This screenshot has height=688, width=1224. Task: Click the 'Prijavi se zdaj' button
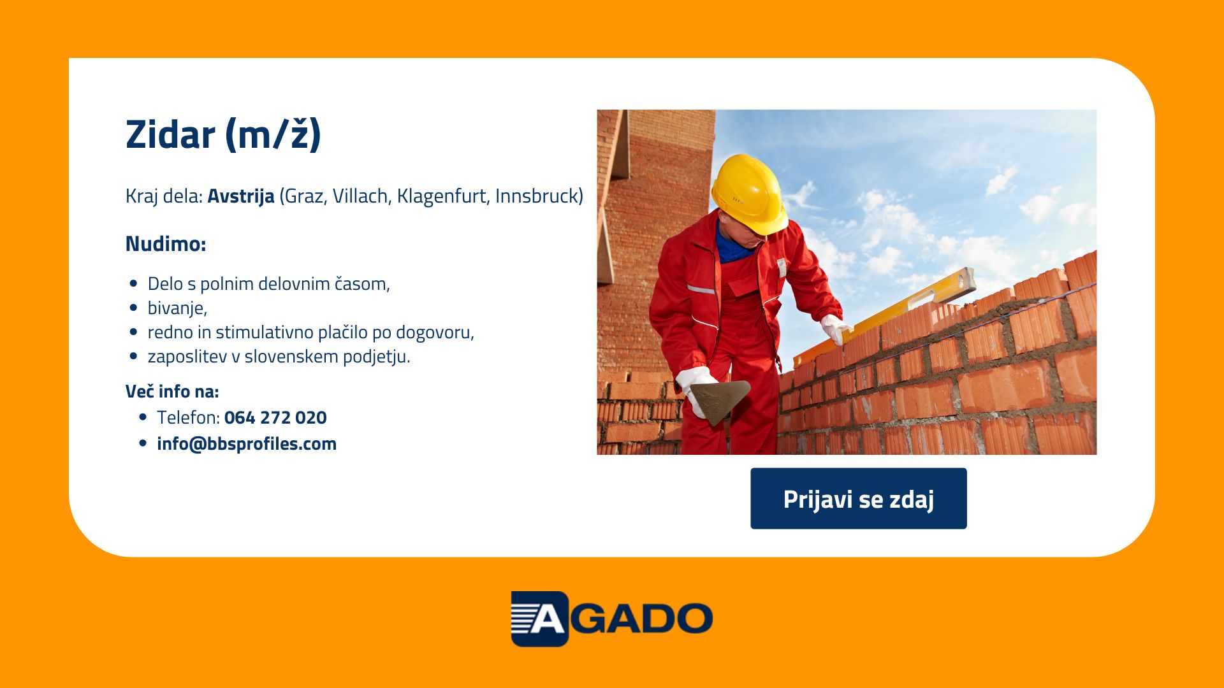pyautogui.click(x=858, y=498)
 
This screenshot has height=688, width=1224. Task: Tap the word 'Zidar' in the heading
pyautogui.click(x=170, y=134)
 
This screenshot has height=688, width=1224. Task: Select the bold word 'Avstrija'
pyautogui.click(x=241, y=196)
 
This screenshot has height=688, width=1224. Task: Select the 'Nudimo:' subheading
pyautogui.click(x=166, y=243)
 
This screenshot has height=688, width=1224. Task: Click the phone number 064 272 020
pyautogui.click(x=275, y=417)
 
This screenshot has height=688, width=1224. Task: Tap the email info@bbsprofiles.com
pyautogui.click(x=247, y=444)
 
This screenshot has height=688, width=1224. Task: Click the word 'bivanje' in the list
pyautogui.click(x=177, y=308)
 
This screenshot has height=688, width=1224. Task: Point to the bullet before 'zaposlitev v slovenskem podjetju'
pyautogui.click(x=133, y=356)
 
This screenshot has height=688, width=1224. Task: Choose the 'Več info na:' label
pyautogui.click(x=172, y=391)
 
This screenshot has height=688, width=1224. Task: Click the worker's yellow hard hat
pyautogui.click(x=750, y=194)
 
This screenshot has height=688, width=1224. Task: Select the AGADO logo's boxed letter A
pyautogui.click(x=539, y=619)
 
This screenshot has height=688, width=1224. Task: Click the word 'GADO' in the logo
pyautogui.click(x=641, y=619)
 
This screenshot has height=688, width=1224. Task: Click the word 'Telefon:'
pyautogui.click(x=188, y=417)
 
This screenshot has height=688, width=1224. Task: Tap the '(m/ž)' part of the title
pyautogui.click(x=273, y=135)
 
